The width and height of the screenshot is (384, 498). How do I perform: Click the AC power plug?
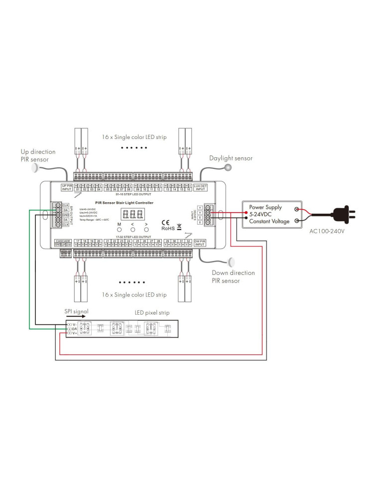(x=344, y=215)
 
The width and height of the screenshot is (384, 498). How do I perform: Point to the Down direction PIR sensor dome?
(x=232, y=261)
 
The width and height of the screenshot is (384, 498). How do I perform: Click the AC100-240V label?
(x=327, y=231)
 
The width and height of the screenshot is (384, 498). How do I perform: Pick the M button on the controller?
(x=119, y=230)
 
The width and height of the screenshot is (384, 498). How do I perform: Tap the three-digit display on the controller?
(x=132, y=215)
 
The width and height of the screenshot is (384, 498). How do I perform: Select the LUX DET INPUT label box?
(x=200, y=188)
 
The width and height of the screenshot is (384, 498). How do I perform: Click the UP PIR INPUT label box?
(x=67, y=188)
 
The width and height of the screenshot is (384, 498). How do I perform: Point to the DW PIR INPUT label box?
(x=200, y=243)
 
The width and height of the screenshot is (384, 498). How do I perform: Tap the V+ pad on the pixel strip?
(x=74, y=334)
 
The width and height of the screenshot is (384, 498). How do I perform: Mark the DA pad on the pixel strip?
(x=74, y=329)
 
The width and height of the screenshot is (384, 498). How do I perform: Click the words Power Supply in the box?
(x=265, y=207)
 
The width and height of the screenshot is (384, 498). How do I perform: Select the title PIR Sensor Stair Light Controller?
(x=124, y=203)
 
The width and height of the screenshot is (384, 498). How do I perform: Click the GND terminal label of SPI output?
(x=66, y=215)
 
